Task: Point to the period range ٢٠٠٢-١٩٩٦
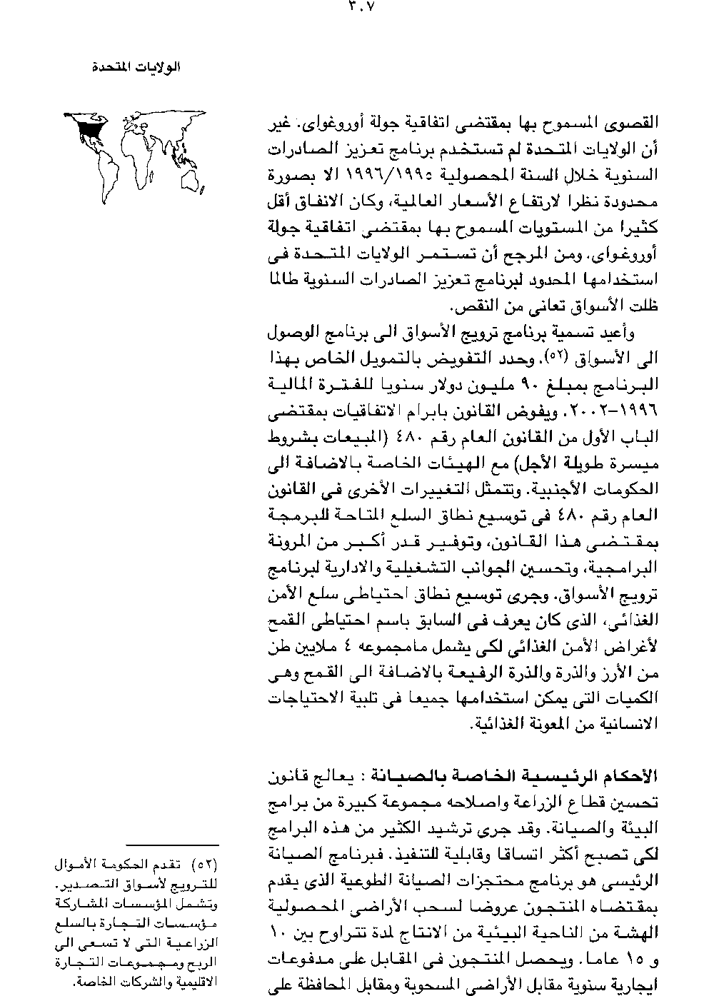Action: point(608,415)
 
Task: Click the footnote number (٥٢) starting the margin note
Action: point(206,865)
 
